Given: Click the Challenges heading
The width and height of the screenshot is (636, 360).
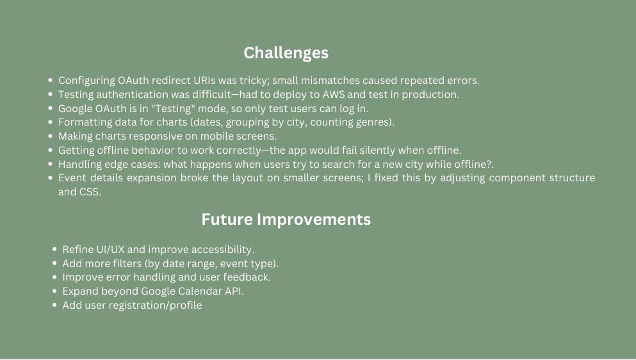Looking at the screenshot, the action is [x=286, y=53].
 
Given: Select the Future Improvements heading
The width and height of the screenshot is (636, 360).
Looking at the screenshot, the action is [x=286, y=219].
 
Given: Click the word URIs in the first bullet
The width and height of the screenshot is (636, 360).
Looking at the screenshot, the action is [x=204, y=80].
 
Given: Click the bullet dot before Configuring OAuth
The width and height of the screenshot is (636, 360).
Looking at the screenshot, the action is [x=51, y=80].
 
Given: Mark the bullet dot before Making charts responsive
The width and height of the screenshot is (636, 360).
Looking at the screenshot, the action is [x=51, y=136].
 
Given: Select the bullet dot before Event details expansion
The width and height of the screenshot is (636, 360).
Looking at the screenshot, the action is [x=51, y=178].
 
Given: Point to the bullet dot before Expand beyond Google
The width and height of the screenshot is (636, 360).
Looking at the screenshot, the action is [x=54, y=291].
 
